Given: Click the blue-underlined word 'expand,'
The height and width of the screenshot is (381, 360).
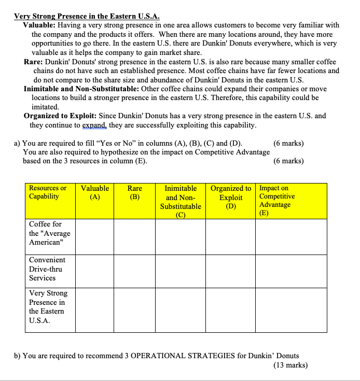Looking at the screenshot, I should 95,125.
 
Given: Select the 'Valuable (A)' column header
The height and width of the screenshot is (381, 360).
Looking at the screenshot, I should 95,192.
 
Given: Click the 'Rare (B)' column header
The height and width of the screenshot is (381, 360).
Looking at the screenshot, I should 135,192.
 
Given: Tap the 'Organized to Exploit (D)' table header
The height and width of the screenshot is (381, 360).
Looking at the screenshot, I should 231,196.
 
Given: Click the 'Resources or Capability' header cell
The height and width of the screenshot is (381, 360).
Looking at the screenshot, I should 48,192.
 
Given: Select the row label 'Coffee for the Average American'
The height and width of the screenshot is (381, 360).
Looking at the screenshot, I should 49,233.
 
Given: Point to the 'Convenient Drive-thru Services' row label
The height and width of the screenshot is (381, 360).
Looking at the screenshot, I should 47,269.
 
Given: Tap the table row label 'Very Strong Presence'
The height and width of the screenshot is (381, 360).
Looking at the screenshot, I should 48,307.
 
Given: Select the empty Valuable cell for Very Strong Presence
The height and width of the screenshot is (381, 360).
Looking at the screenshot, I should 95,309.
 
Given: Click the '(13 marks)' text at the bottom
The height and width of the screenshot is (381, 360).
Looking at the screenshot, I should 290,365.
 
